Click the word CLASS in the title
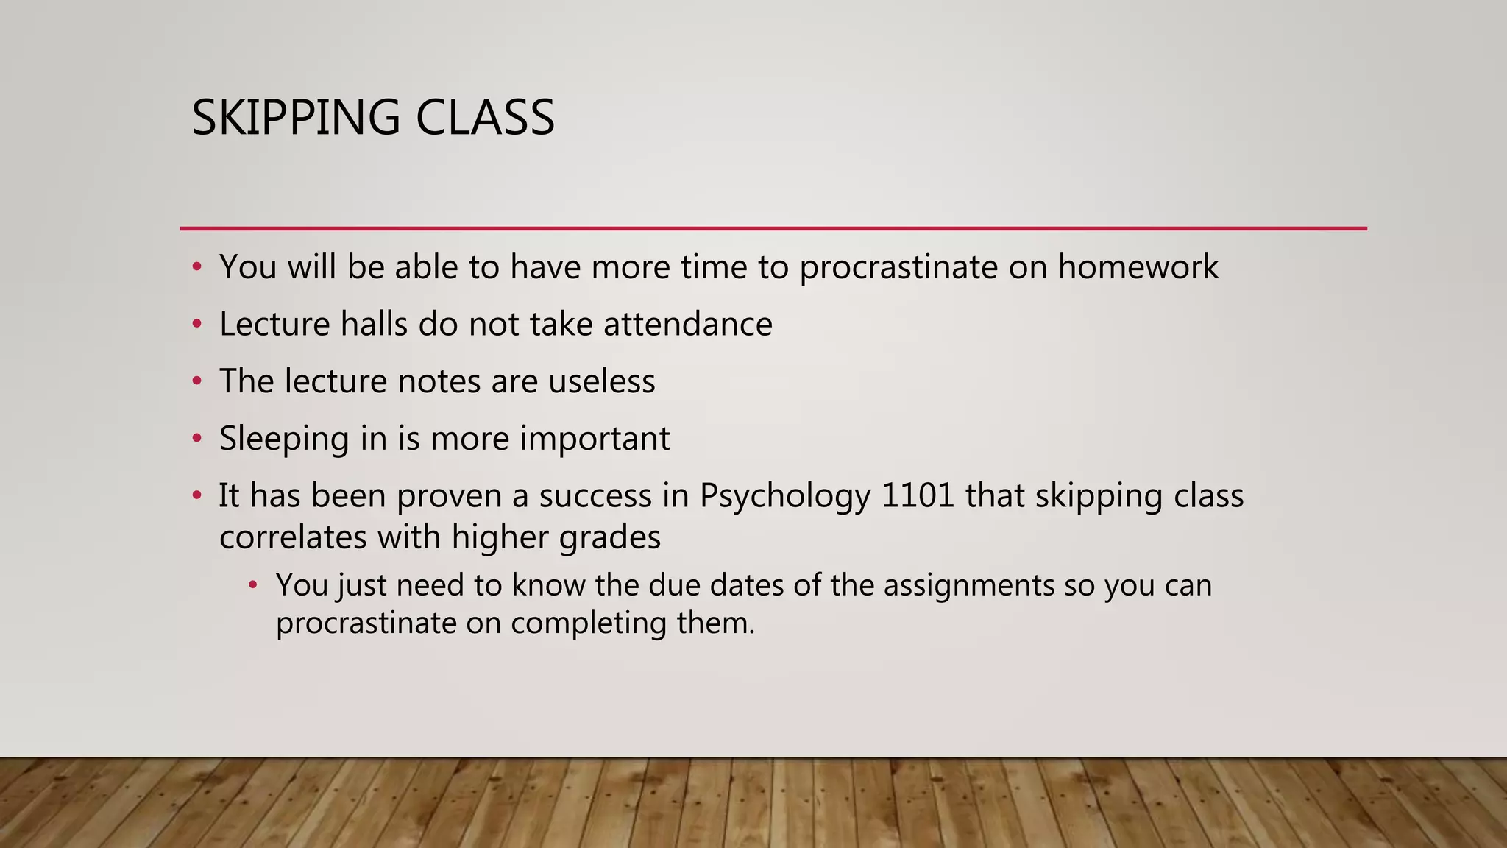click(x=485, y=118)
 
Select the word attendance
click(x=688, y=324)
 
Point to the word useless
click(x=602, y=381)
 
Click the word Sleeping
click(x=284, y=439)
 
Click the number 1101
click(x=918, y=495)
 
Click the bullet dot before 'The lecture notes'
click(x=196, y=381)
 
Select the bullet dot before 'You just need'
click(x=253, y=586)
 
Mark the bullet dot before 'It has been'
click(x=196, y=495)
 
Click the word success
click(x=595, y=495)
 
